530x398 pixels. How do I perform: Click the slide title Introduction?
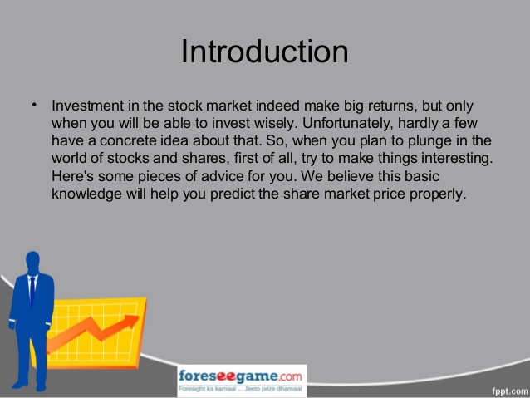265,52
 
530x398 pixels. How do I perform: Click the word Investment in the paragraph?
87,106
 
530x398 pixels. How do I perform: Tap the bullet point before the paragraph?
34,105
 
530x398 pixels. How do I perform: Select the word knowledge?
86,194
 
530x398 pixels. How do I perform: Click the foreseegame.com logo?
240,376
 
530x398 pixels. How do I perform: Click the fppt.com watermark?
510,391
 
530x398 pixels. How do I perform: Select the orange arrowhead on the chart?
130,321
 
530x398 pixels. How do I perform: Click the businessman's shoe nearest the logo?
41,387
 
